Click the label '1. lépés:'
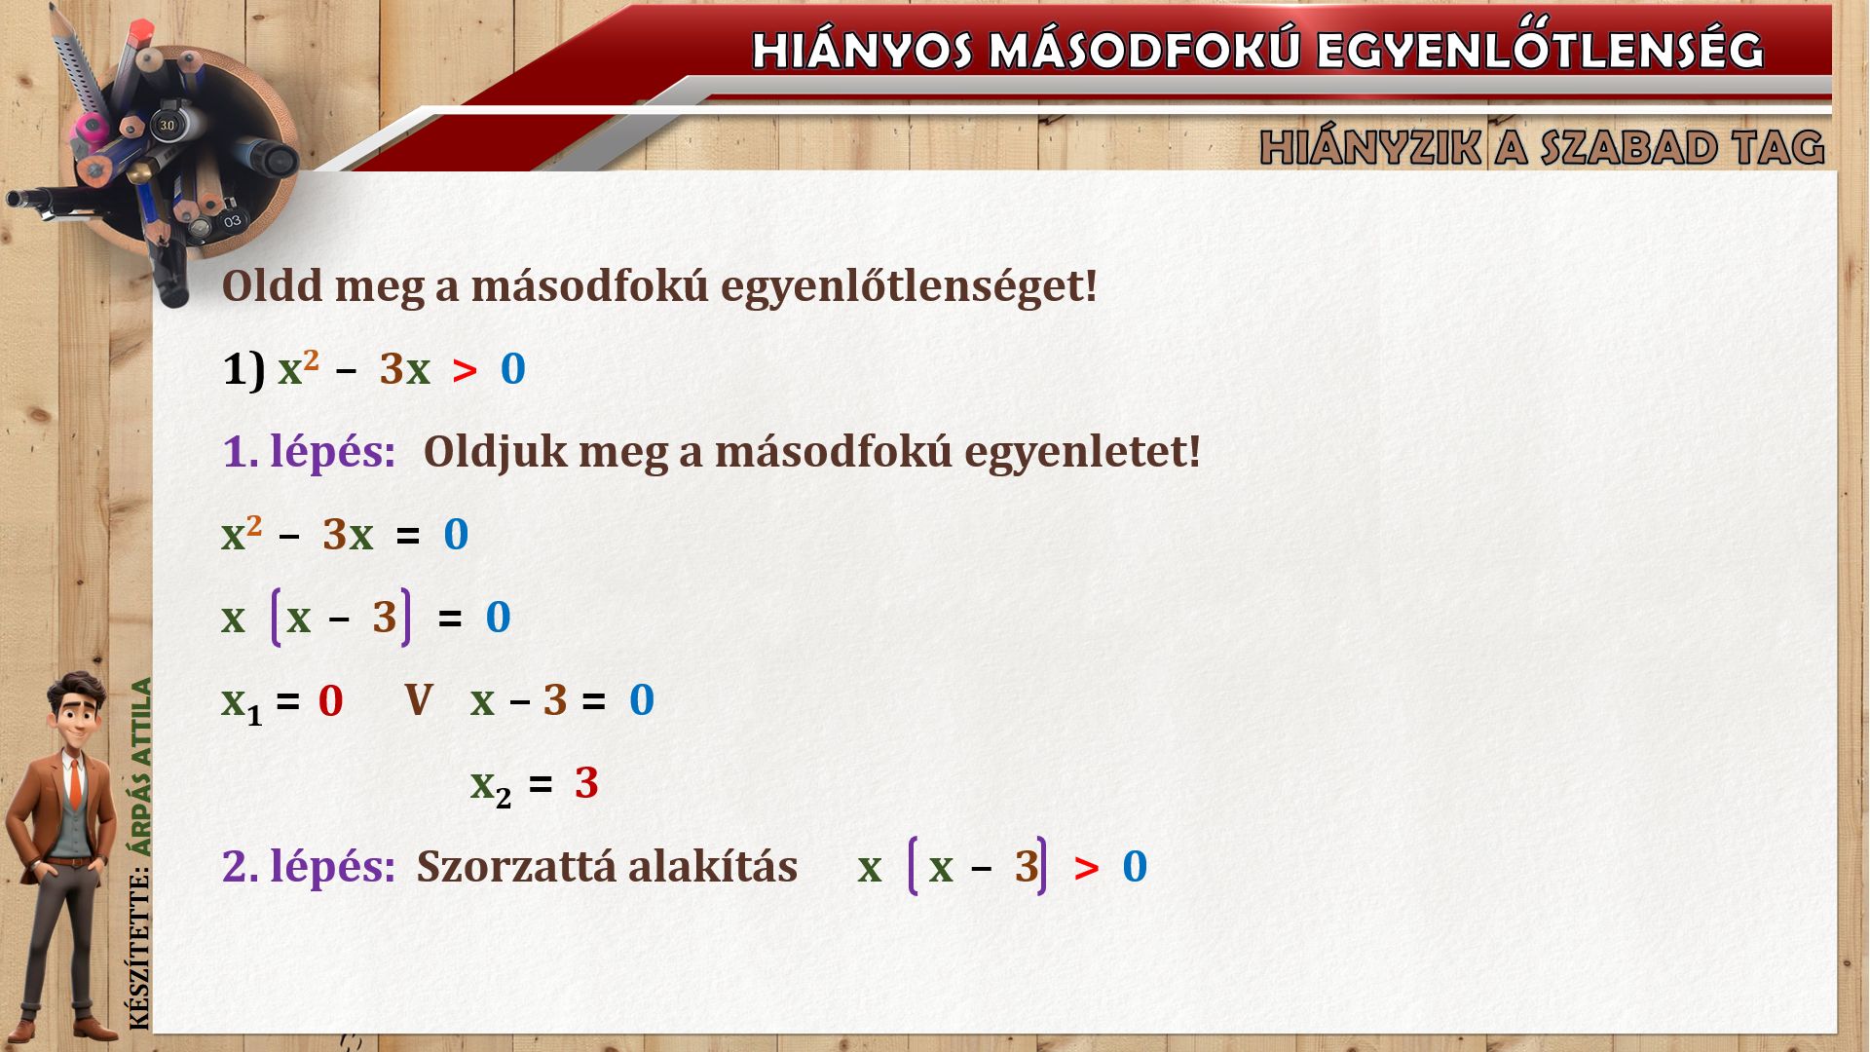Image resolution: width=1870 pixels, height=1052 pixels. click(x=309, y=452)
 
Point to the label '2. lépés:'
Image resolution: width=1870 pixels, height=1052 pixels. click(x=309, y=866)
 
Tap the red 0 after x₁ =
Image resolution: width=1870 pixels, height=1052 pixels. click(x=330, y=700)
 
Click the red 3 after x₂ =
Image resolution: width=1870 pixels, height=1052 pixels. click(x=586, y=783)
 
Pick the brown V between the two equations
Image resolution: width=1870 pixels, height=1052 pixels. click(x=419, y=699)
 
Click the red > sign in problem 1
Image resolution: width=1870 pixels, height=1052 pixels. click(x=465, y=370)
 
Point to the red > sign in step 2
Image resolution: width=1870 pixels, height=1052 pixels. click(x=1086, y=867)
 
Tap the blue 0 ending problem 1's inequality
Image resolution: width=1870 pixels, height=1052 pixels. click(x=512, y=369)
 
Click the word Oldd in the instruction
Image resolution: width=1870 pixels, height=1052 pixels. click(x=272, y=285)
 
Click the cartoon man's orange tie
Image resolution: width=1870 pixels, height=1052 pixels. click(x=76, y=784)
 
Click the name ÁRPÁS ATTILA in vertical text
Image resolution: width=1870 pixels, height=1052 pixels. click(x=142, y=768)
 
